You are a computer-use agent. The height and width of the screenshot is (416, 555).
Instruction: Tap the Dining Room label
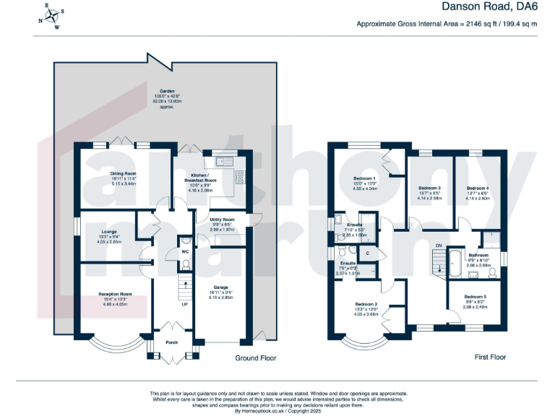point(123,173)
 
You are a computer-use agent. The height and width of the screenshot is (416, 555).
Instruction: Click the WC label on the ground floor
point(185,251)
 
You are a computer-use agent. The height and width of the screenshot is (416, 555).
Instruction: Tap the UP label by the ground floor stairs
point(184,304)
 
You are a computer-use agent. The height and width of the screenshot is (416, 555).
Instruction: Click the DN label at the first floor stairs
point(437,246)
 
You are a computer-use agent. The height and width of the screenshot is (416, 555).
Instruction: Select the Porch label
point(172,342)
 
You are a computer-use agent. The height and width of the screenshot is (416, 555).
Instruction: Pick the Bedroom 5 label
point(475,297)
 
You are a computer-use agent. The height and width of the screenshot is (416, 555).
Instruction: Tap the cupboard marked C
point(367,253)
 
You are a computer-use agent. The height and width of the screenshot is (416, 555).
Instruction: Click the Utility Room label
point(223,219)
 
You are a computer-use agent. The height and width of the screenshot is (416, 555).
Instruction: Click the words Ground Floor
point(256,357)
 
